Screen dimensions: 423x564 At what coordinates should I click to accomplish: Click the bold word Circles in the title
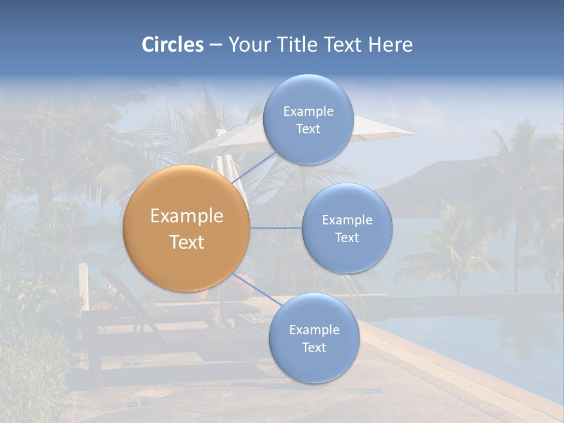(x=172, y=45)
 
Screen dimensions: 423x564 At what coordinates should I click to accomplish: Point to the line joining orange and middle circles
(x=276, y=228)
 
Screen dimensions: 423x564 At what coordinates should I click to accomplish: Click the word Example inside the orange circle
(x=187, y=216)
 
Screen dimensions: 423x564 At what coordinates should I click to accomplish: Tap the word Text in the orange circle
(x=187, y=242)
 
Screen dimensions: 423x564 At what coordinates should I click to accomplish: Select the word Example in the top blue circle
(x=308, y=111)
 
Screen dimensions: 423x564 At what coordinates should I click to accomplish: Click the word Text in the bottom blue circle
(x=314, y=347)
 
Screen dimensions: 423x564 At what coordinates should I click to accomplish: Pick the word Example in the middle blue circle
(x=347, y=220)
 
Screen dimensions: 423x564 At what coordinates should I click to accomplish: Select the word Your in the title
(x=247, y=45)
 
